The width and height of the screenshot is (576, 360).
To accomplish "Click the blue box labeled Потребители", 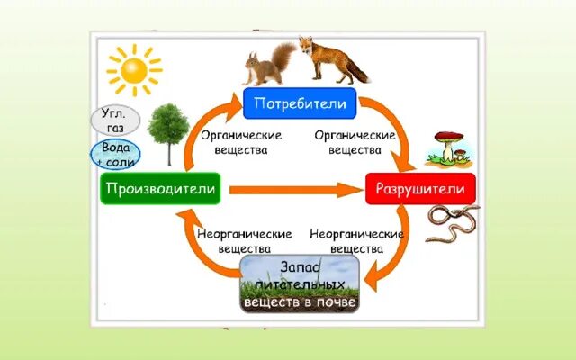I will pyautogui.click(x=301, y=104).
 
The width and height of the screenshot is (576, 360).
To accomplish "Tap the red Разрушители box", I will pyautogui.click(x=420, y=190).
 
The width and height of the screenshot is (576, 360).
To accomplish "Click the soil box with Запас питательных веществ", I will pyautogui.click(x=301, y=283).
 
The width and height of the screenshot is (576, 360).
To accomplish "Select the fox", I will pyautogui.click(x=331, y=59).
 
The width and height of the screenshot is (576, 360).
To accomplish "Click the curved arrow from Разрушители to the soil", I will pyautogui.click(x=396, y=256).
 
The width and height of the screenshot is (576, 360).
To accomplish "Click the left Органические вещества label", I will pyautogui.click(x=241, y=142).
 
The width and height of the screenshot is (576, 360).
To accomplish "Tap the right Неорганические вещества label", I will pyautogui.click(x=357, y=239).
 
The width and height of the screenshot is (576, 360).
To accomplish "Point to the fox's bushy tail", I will pyautogui.click(x=358, y=70).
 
